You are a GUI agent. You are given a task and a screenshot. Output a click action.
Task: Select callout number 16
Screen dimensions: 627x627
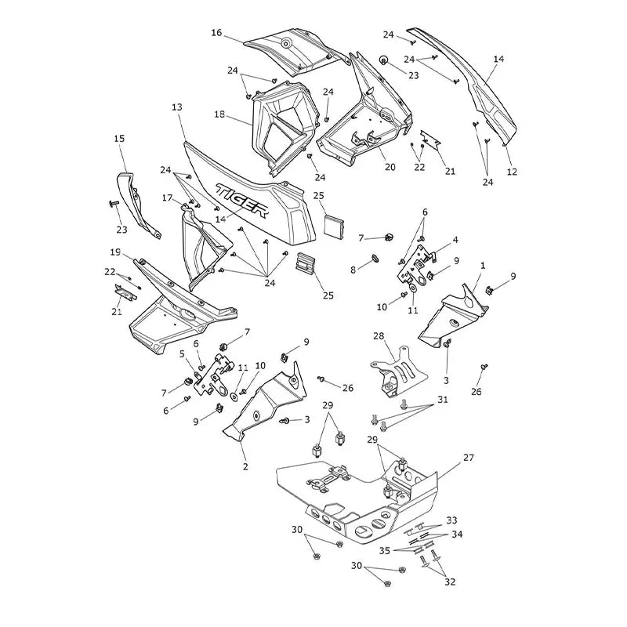point(216,32)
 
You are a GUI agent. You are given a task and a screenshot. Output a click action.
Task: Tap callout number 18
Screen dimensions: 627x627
point(219,114)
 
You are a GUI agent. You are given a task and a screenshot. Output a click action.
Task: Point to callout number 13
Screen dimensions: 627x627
point(177,107)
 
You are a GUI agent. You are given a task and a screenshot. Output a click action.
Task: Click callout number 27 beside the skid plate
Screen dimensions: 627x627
point(468,457)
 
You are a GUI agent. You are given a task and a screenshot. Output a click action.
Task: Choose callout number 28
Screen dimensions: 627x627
point(379,336)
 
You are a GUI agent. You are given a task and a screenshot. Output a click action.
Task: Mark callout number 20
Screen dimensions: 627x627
point(390,166)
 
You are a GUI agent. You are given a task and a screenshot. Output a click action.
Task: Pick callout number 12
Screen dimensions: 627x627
point(512,172)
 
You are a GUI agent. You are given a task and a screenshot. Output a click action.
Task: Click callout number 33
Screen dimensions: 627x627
point(452,520)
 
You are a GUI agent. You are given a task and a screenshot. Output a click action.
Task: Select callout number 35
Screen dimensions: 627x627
point(385,551)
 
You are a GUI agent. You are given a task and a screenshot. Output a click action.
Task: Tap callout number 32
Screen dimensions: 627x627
point(450,582)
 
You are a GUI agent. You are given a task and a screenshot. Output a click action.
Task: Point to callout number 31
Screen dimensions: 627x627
point(443,400)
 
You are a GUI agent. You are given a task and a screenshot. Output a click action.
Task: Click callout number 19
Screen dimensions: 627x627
point(115,252)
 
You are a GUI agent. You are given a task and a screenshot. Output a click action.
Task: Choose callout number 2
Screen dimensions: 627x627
point(245,466)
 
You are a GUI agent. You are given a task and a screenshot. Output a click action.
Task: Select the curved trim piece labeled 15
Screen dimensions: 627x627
point(138,205)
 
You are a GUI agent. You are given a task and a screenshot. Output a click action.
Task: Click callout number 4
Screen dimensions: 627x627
point(455,240)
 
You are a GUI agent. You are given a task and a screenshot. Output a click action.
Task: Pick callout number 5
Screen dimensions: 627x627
point(183,354)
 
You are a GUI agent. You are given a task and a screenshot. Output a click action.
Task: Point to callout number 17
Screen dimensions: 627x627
point(167,198)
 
